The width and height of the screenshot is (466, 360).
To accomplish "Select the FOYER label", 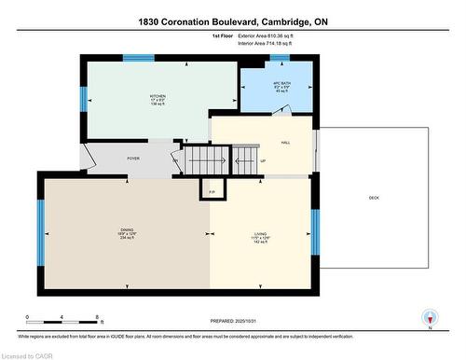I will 133,159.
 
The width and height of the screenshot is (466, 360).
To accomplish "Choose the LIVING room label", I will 261,233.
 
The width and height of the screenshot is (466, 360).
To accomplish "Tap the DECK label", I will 374,197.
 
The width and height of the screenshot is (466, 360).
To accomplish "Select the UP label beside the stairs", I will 263,161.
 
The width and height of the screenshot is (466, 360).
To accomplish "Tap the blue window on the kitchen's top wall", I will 139,58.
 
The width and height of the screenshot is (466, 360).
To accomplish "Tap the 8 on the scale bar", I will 97,318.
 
